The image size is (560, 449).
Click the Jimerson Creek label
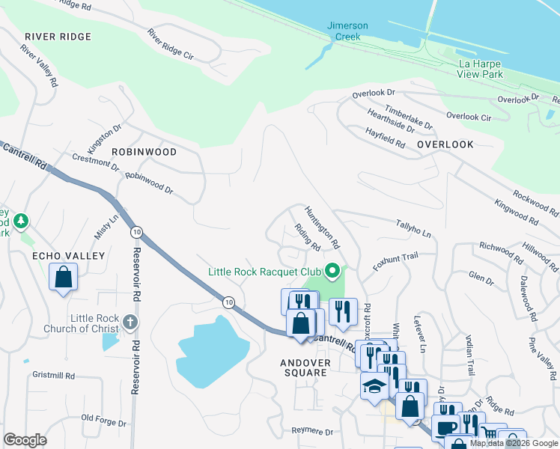click(347, 31)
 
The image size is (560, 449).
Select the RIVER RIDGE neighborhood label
click(58, 37)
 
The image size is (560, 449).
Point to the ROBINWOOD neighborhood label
click(144, 152)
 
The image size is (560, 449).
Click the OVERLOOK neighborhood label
click(445, 144)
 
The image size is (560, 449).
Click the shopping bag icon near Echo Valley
click(64, 276)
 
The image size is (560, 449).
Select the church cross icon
click(130, 322)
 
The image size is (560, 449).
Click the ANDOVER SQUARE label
click(304, 367)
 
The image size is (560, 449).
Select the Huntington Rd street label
click(323, 227)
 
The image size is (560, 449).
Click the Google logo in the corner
click(25, 440)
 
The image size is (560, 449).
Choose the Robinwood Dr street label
click(149, 184)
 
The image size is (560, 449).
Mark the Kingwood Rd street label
click(516, 213)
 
